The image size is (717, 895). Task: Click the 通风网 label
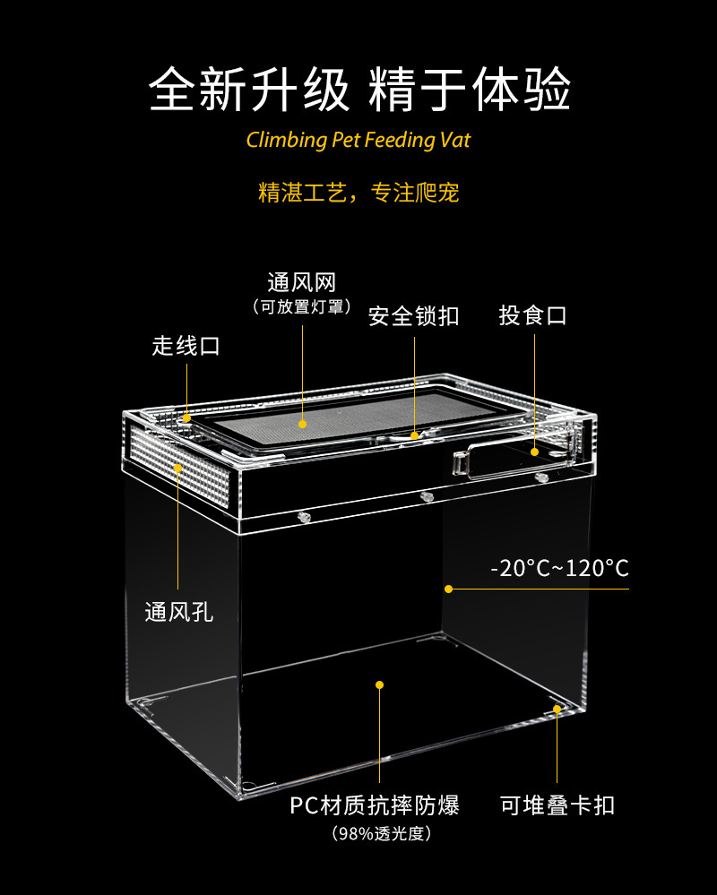[301, 283]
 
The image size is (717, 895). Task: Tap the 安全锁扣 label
[413, 316]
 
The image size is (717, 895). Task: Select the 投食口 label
[533, 315]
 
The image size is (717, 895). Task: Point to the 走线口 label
[186, 346]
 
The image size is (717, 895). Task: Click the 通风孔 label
[179, 613]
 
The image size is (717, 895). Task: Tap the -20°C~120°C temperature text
[559, 568]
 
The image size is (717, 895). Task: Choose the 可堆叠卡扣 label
[557, 805]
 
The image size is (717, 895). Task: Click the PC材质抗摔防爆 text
[375, 805]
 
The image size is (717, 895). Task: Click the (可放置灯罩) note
[301, 307]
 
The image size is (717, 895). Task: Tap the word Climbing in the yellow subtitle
[284, 141]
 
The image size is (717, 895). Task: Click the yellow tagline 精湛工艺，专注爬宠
[358, 192]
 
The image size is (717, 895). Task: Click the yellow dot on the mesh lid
[303, 424]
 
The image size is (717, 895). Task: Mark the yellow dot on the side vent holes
[178, 468]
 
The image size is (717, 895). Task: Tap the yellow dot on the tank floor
[379, 684]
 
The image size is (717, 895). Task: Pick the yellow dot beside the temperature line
[448, 589]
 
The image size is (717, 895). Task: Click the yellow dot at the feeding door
[534, 452]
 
